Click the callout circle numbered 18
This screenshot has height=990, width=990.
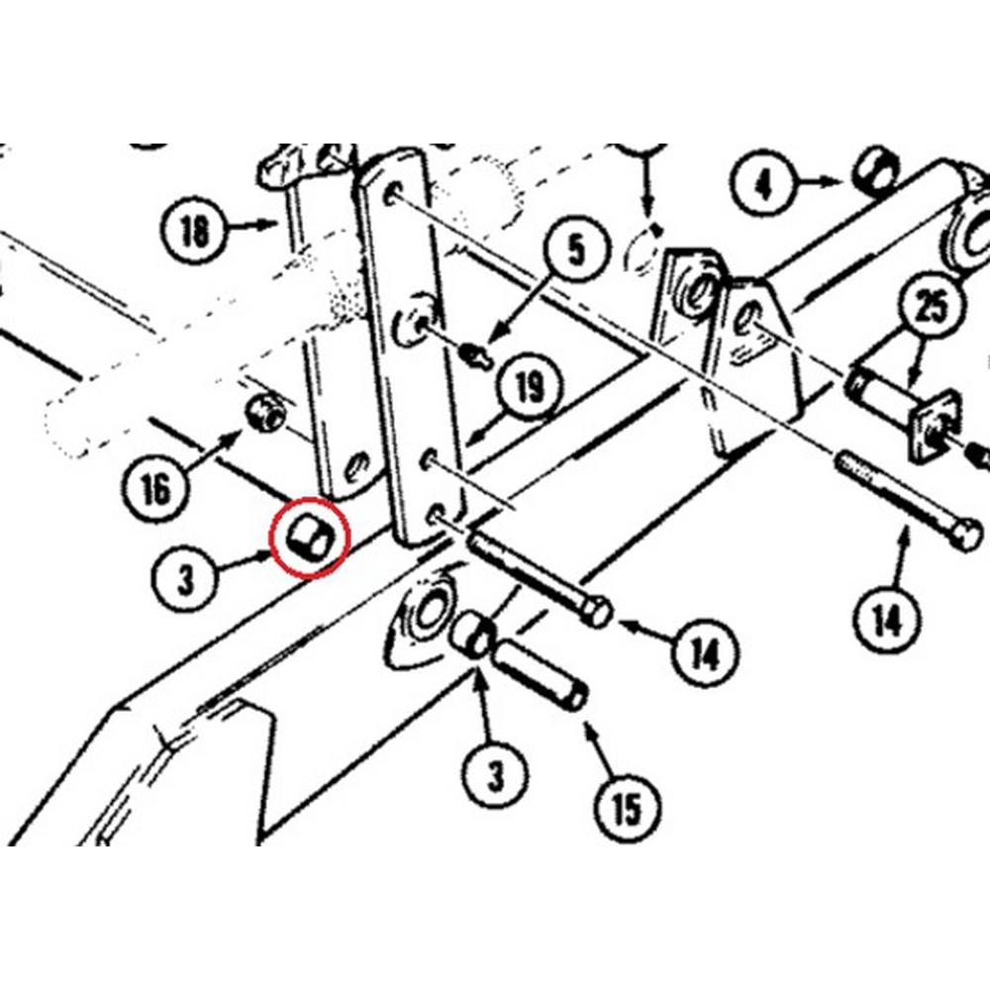point(196,233)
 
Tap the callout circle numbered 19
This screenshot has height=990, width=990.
point(530,387)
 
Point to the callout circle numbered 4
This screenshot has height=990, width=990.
point(762,185)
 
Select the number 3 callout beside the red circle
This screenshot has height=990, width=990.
point(186,580)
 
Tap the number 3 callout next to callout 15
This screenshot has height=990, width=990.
point(495,775)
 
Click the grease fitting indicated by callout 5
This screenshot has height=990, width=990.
point(476,352)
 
